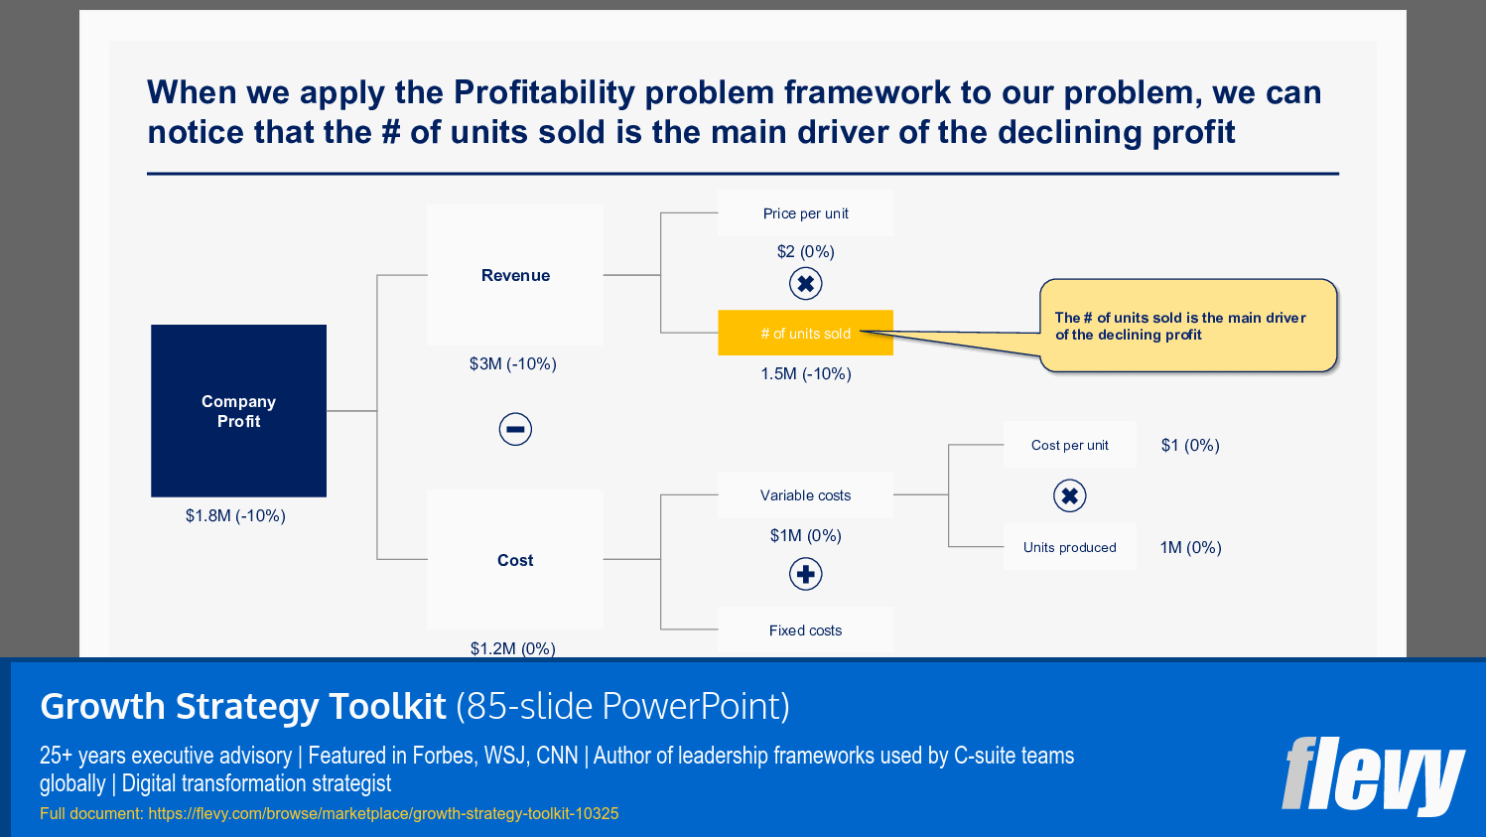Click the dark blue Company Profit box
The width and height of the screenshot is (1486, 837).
[238, 410]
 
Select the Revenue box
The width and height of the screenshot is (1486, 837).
[515, 275]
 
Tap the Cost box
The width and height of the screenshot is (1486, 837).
[515, 560]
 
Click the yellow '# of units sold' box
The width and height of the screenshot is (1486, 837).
[805, 334]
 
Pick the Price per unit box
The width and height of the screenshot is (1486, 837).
[805, 213]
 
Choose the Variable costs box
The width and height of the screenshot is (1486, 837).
[805, 495]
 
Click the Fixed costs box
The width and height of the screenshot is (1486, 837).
[805, 630]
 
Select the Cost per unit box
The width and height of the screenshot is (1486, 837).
[1069, 445]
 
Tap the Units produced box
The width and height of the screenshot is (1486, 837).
[1069, 547]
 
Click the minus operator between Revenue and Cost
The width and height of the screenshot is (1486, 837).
[515, 429]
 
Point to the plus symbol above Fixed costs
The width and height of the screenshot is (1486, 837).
[805, 574]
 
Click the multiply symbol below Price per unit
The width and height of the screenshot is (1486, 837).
[805, 284]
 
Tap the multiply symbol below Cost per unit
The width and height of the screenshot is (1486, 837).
[1069, 495]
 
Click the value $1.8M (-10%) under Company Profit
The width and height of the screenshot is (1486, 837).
[235, 515]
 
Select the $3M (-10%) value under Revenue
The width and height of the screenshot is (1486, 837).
[512, 363]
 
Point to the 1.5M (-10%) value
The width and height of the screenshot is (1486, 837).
[805, 373]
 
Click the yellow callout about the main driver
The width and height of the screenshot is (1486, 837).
[1187, 327]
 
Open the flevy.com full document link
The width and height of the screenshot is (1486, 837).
[383, 813]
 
